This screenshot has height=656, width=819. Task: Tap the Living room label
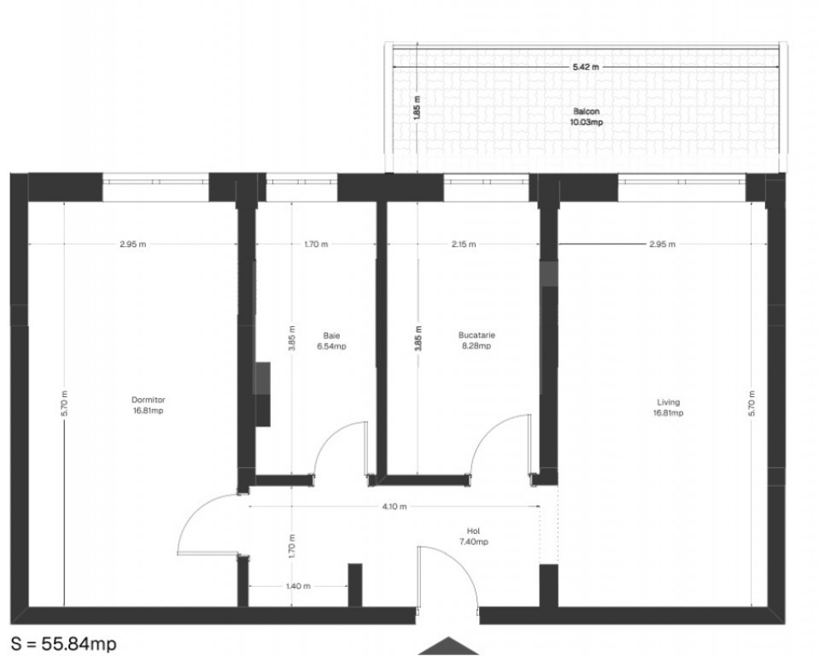coord(668,402)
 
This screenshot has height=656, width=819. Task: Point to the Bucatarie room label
coord(477,335)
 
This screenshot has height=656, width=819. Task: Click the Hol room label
coord(472,530)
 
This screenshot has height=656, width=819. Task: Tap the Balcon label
coord(586,112)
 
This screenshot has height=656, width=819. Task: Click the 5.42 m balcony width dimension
coord(586,67)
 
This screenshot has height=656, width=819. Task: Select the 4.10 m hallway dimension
coord(394,507)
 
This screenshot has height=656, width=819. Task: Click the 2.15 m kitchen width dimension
coord(463,244)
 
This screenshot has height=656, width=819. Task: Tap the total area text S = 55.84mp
coord(64,643)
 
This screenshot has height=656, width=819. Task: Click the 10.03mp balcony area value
coord(586,123)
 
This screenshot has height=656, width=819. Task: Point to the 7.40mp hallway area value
coord(472,542)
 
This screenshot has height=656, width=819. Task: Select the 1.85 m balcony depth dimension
coord(417,108)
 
